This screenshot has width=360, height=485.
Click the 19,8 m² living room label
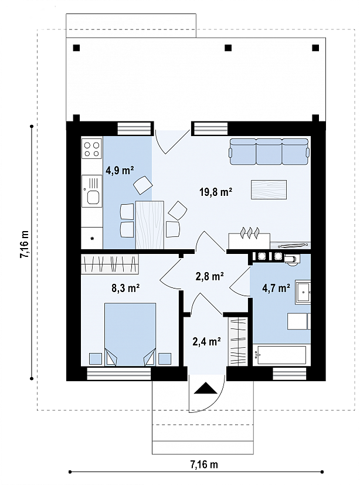coord(216,192)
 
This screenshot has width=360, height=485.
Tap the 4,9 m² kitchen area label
coord(120,170)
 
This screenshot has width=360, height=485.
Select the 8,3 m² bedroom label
coord(125,289)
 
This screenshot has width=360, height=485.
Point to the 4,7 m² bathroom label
coord(276,289)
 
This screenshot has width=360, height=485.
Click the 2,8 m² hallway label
coord(210,276)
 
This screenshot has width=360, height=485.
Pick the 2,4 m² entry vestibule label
coord(206,341)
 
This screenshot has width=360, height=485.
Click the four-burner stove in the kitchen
coord(92,149)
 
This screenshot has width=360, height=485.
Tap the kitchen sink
coord(92,191)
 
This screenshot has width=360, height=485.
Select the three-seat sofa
coord(269,151)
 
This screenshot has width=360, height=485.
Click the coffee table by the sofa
coord(269,189)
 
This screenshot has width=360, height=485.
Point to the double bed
coord(130,334)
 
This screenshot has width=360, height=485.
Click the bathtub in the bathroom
coord(281,354)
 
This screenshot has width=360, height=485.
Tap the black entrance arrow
coord(205,388)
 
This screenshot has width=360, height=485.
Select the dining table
coord(150,225)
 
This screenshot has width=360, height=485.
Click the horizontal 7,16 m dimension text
coord(204,464)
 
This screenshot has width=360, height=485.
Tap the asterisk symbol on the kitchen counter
coord(92,239)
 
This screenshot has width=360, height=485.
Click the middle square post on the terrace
coord(228,48)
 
